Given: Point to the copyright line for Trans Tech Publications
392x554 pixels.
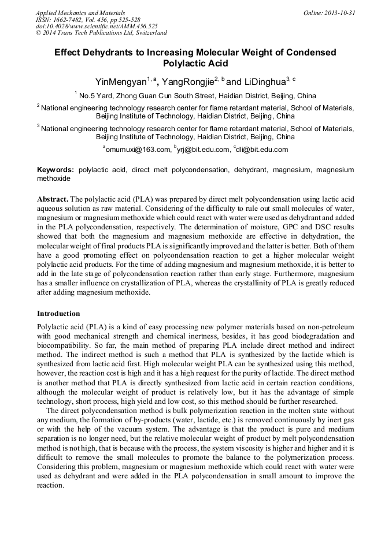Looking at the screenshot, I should click(101, 33).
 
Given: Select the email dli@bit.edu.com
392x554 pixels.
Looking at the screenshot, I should click(262, 150).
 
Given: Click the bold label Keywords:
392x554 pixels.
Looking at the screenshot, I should click(56, 170).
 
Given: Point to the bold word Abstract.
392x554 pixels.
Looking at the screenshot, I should click(53, 198).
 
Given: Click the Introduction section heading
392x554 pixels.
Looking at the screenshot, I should click(58, 314).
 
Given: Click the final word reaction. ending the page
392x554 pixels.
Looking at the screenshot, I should click(50, 485).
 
